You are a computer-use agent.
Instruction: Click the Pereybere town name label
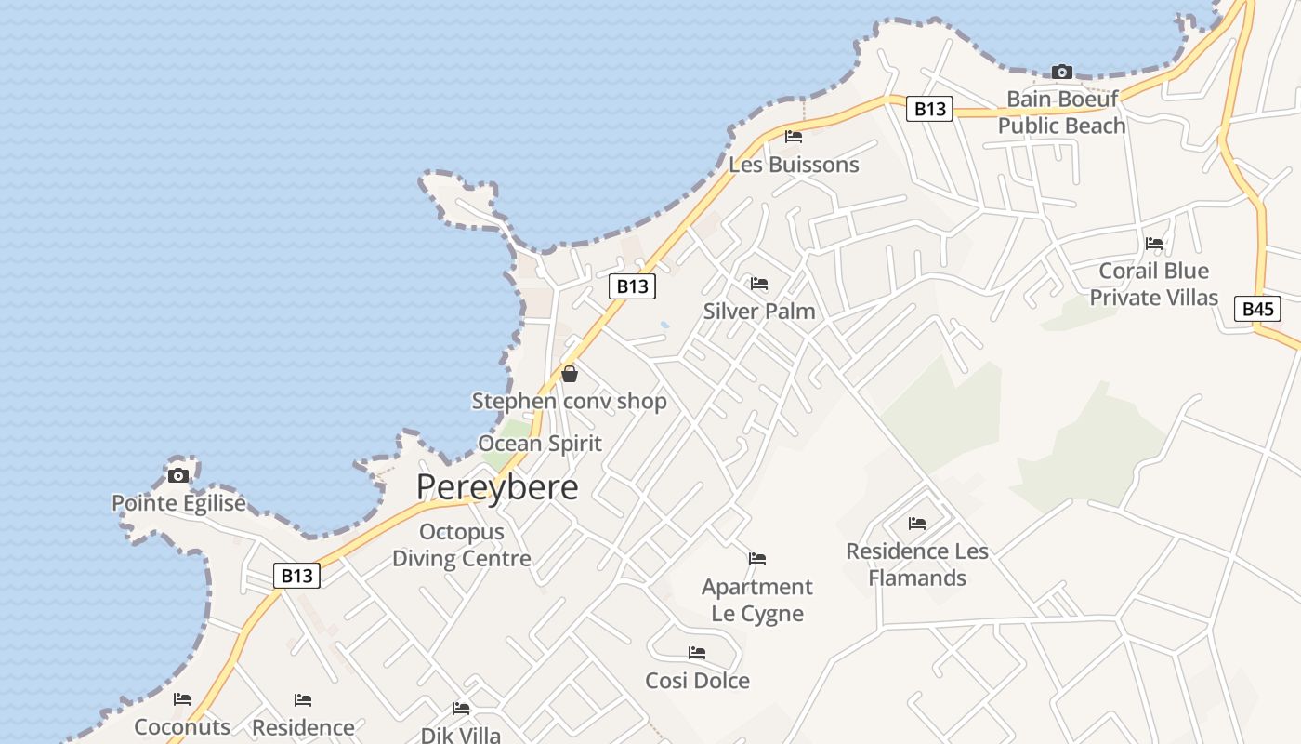(497, 487)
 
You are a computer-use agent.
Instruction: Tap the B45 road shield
(1257, 309)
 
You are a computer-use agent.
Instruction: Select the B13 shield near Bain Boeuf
(929, 109)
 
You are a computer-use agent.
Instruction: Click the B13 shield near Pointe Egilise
(297, 576)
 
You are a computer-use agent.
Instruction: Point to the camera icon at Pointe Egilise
(177, 476)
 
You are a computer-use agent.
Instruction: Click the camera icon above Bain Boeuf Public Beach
(1061, 72)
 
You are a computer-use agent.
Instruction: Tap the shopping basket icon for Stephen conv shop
(570, 374)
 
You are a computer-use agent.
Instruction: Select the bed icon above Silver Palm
(759, 284)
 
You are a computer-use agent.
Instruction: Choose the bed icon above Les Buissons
(793, 137)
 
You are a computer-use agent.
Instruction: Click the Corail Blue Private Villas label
(1153, 284)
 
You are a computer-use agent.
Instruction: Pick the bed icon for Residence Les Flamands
(917, 524)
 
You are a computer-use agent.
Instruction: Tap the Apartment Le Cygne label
(757, 600)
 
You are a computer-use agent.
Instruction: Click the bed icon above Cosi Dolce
(697, 653)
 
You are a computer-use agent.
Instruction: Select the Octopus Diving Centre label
(462, 545)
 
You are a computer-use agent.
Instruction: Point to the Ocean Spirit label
(540, 444)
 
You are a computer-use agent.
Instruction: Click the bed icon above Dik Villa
(460, 709)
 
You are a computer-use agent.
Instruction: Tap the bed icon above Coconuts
(182, 699)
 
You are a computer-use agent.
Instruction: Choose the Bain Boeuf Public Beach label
(1062, 112)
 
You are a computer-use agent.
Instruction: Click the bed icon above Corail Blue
(1154, 244)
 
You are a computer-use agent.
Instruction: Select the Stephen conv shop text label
(570, 401)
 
